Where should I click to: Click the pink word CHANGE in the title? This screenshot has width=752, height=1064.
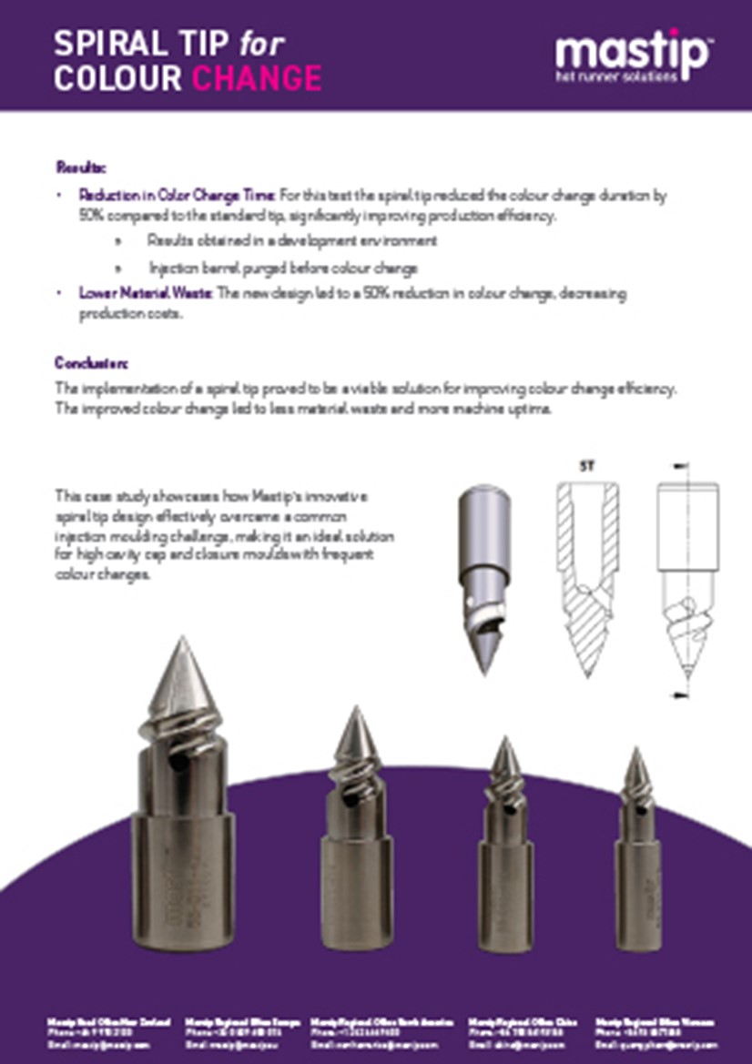(x=257, y=78)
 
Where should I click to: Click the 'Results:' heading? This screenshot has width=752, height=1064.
(x=81, y=167)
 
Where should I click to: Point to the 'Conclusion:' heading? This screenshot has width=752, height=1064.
(x=91, y=363)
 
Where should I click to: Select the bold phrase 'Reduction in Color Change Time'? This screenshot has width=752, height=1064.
(x=177, y=195)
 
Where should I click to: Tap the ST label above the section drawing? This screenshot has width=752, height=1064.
(x=587, y=465)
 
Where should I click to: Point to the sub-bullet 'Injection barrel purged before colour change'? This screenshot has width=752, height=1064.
(x=282, y=269)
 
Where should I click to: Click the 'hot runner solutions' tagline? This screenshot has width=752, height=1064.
(x=616, y=77)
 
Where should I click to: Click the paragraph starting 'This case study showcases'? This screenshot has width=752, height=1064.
(x=223, y=536)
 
